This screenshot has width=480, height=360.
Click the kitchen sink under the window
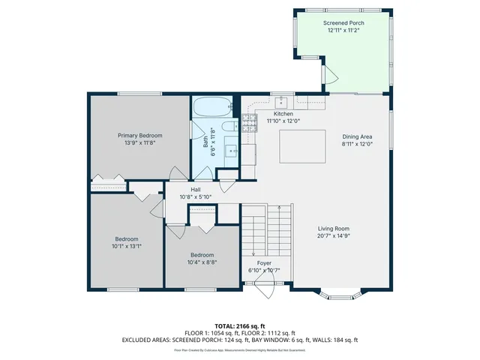tap(283, 103)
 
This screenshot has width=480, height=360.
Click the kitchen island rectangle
tap(302, 145)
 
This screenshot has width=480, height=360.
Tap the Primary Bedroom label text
tap(139, 135)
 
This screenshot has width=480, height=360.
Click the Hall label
tap(195, 190)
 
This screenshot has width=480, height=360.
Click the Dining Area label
tap(357, 136)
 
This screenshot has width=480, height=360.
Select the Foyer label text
tap(264, 263)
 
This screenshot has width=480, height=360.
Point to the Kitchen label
tap(283, 114)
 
